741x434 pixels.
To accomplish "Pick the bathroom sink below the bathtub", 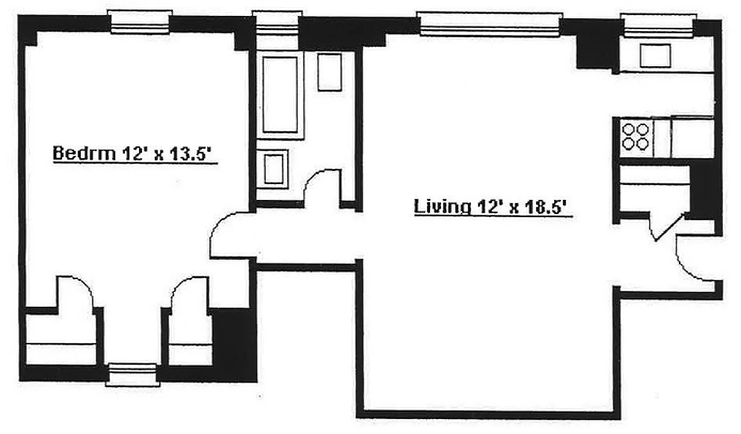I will [273, 170].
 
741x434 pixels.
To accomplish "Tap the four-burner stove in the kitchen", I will [635, 136].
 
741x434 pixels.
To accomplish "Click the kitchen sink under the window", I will [655, 55].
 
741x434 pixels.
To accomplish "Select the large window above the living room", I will [489, 24].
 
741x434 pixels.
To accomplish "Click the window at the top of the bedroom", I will [140, 22].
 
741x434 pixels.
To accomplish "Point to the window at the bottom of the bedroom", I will [132, 375].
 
